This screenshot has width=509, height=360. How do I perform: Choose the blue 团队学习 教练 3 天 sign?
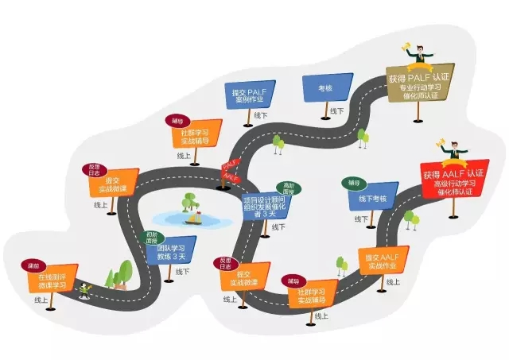(x=170, y=252)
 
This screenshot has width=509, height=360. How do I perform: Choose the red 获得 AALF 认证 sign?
(x=453, y=180)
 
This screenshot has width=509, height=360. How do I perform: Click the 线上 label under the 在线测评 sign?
(x=41, y=300)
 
